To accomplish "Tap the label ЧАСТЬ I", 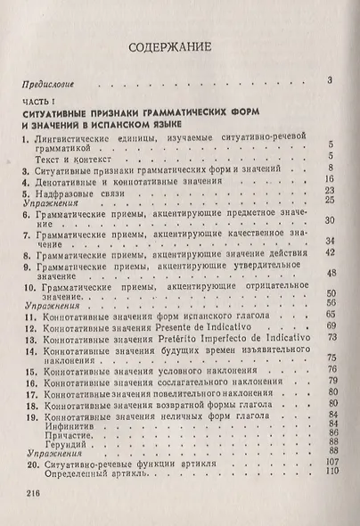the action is click(x=38, y=105).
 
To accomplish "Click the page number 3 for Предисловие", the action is click(x=330, y=82).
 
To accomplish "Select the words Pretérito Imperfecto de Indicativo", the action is click(x=232, y=340).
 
